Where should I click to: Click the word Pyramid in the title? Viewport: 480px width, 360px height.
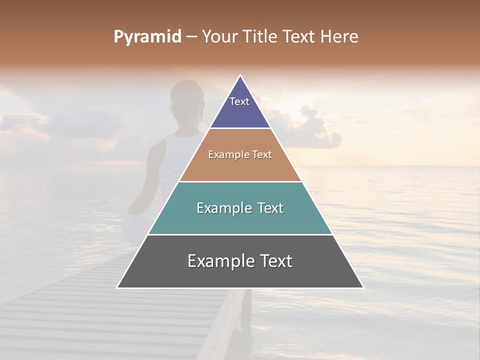coord(147,37)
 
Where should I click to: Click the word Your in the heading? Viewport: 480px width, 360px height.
coord(219,37)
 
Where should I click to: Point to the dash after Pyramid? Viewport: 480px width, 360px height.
coord(191,37)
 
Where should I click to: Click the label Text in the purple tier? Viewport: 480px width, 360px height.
coord(239,101)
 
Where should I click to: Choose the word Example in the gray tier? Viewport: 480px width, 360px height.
coord(220,261)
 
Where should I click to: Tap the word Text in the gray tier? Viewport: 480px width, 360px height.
coord(275,261)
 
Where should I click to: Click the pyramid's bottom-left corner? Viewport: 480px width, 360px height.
coord(117,287)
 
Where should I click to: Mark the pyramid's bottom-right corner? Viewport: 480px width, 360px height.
coord(363,287)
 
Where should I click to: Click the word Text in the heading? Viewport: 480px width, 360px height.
coord(299,37)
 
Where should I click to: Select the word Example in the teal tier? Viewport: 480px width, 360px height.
coord(222,208)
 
